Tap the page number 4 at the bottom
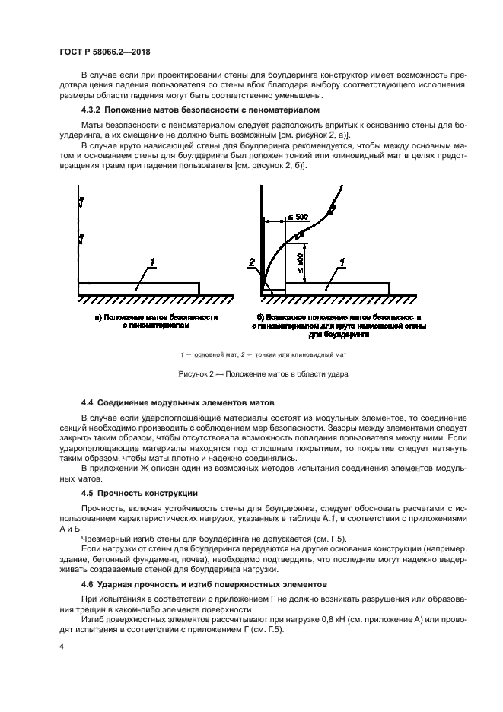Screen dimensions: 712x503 [61, 646]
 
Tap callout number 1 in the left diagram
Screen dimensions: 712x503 [152, 263]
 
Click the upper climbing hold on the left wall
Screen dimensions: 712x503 [80, 202]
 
